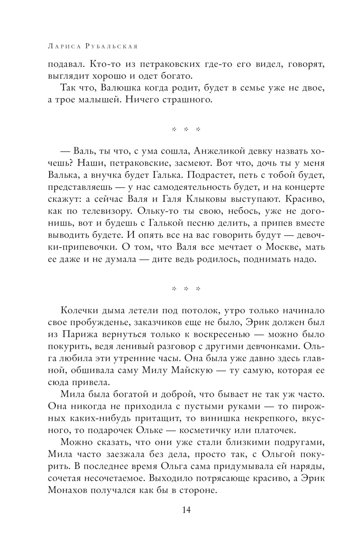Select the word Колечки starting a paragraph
tap(75, 310)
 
